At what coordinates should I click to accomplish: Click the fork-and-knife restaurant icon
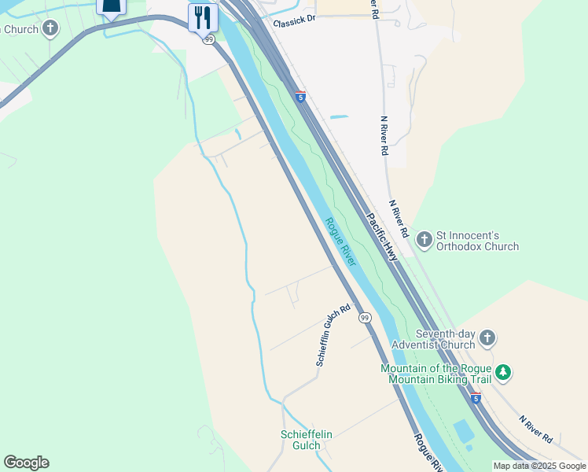(x=203, y=17)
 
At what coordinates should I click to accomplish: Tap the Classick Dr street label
(x=294, y=23)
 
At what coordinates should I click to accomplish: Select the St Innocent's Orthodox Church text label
(x=477, y=241)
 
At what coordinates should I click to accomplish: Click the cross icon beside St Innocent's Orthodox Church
(x=424, y=238)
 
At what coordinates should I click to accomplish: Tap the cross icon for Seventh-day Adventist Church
(x=487, y=338)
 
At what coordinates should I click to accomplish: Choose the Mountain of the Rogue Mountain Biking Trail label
(x=435, y=374)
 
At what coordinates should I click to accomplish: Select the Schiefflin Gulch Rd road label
(x=333, y=336)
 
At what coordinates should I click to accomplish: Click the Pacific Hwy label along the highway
(x=381, y=236)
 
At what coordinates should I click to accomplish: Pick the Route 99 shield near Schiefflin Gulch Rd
(x=365, y=317)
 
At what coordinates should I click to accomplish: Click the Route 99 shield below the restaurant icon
(x=208, y=39)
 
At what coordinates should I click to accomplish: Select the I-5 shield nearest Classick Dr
(x=300, y=97)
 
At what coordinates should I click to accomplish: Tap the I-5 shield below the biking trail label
(x=476, y=399)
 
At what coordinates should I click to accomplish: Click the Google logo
(x=26, y=463)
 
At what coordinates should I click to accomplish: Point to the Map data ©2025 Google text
(x=539, y=466)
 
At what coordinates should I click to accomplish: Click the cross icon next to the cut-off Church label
(x=50, y=30)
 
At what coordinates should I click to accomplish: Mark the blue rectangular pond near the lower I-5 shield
(x=464, y=430)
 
